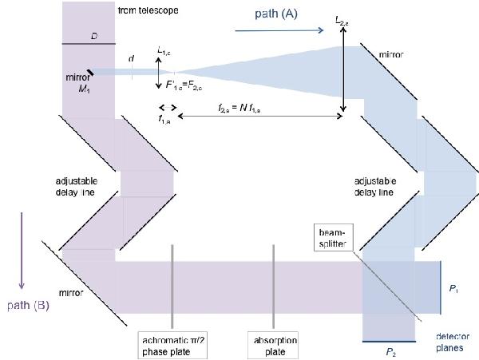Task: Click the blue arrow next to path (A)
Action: point(280,30)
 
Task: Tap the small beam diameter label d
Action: point(131,57)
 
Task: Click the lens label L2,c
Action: point(342,18)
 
